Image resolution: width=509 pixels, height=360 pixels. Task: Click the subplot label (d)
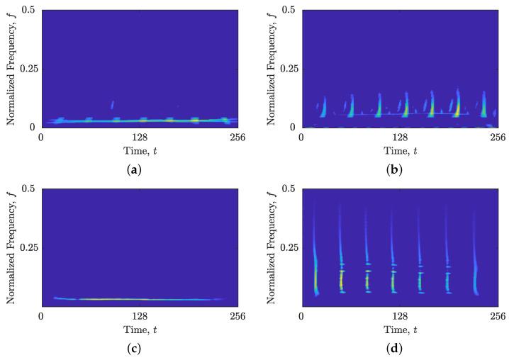400,349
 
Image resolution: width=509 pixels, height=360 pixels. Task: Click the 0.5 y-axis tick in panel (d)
289,189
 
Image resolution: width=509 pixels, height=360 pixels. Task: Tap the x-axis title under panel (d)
400,330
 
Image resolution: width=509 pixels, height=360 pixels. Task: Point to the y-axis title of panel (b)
272,68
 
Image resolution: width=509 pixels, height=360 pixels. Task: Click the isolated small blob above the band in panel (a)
113,105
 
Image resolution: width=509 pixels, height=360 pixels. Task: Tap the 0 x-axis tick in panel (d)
302,317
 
